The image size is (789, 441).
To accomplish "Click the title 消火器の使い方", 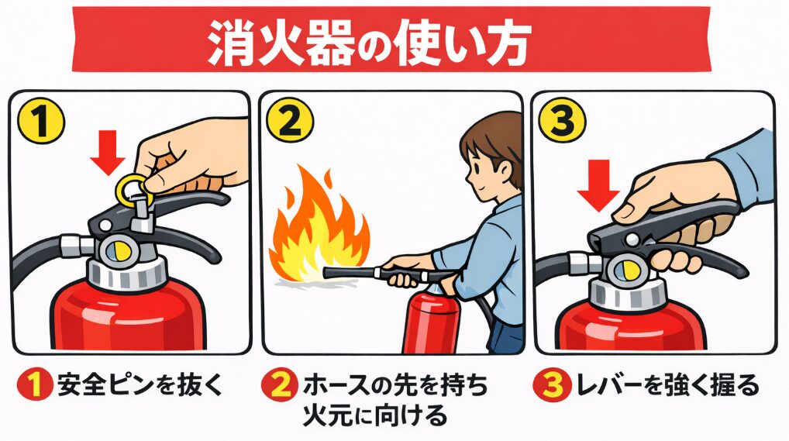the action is click(370, 43).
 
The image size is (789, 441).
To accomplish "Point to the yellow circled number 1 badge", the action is click(41, 121).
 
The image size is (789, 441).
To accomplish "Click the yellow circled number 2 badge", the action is click(290, 122).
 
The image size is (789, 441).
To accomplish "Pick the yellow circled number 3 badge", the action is click(562, 121).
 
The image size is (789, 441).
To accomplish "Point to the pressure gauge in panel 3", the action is click(625, 270).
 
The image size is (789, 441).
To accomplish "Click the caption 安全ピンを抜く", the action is click(140, 386).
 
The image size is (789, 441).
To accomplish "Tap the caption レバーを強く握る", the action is click(667, 386).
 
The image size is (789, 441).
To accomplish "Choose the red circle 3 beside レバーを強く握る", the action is click(552, 386).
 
